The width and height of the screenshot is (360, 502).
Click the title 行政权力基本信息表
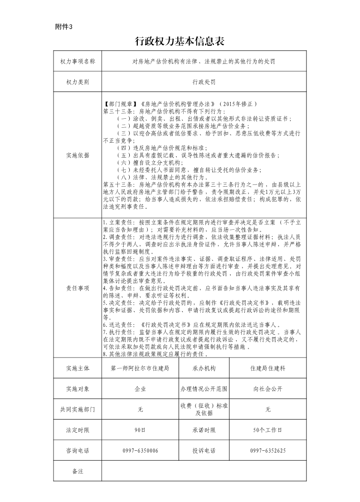pyautogui.click(x=180, y=42)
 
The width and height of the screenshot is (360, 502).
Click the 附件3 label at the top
pyautogui.click(x=63, y=26)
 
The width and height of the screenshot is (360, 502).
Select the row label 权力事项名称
pyautogui.click(x=78, y=61)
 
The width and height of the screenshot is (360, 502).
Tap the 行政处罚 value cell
pyautogui.click(x=204, y=82)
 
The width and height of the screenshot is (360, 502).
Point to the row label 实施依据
pyautogui.click(x=78, y=155)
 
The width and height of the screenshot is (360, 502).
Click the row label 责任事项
pyautogui.click(x=78, y=288)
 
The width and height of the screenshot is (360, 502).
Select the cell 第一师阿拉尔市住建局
pyautogui.click(x=140, y=368)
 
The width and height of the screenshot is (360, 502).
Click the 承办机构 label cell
pyautogui.click(x=204, y=368)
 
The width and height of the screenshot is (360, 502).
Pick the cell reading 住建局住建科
pyautogui.click(x=268, y=368)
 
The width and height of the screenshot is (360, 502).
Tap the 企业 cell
pyautogui.click(x=140, y=389)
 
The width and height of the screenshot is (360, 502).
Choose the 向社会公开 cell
pyautogui.click(x=268, y=389)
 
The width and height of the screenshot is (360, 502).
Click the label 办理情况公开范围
pyautogui.click(x=204, y=389)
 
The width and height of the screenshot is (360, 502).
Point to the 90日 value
pyautogui.click(x=140, y=430)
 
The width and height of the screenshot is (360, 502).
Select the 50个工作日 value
pyautogui.click(x=268, y=430)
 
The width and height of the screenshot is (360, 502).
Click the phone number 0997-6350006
pyautogui.click(x=140, y=451)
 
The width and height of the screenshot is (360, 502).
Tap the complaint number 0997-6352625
pyautogui.click(x=268, y=451)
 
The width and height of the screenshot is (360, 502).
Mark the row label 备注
pyautogui.click(x=78, y=471)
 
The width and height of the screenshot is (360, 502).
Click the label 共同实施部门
pyautogui.click(x=78, y=409)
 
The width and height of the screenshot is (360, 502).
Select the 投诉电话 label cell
pyautogui.click(x=204, y=451)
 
